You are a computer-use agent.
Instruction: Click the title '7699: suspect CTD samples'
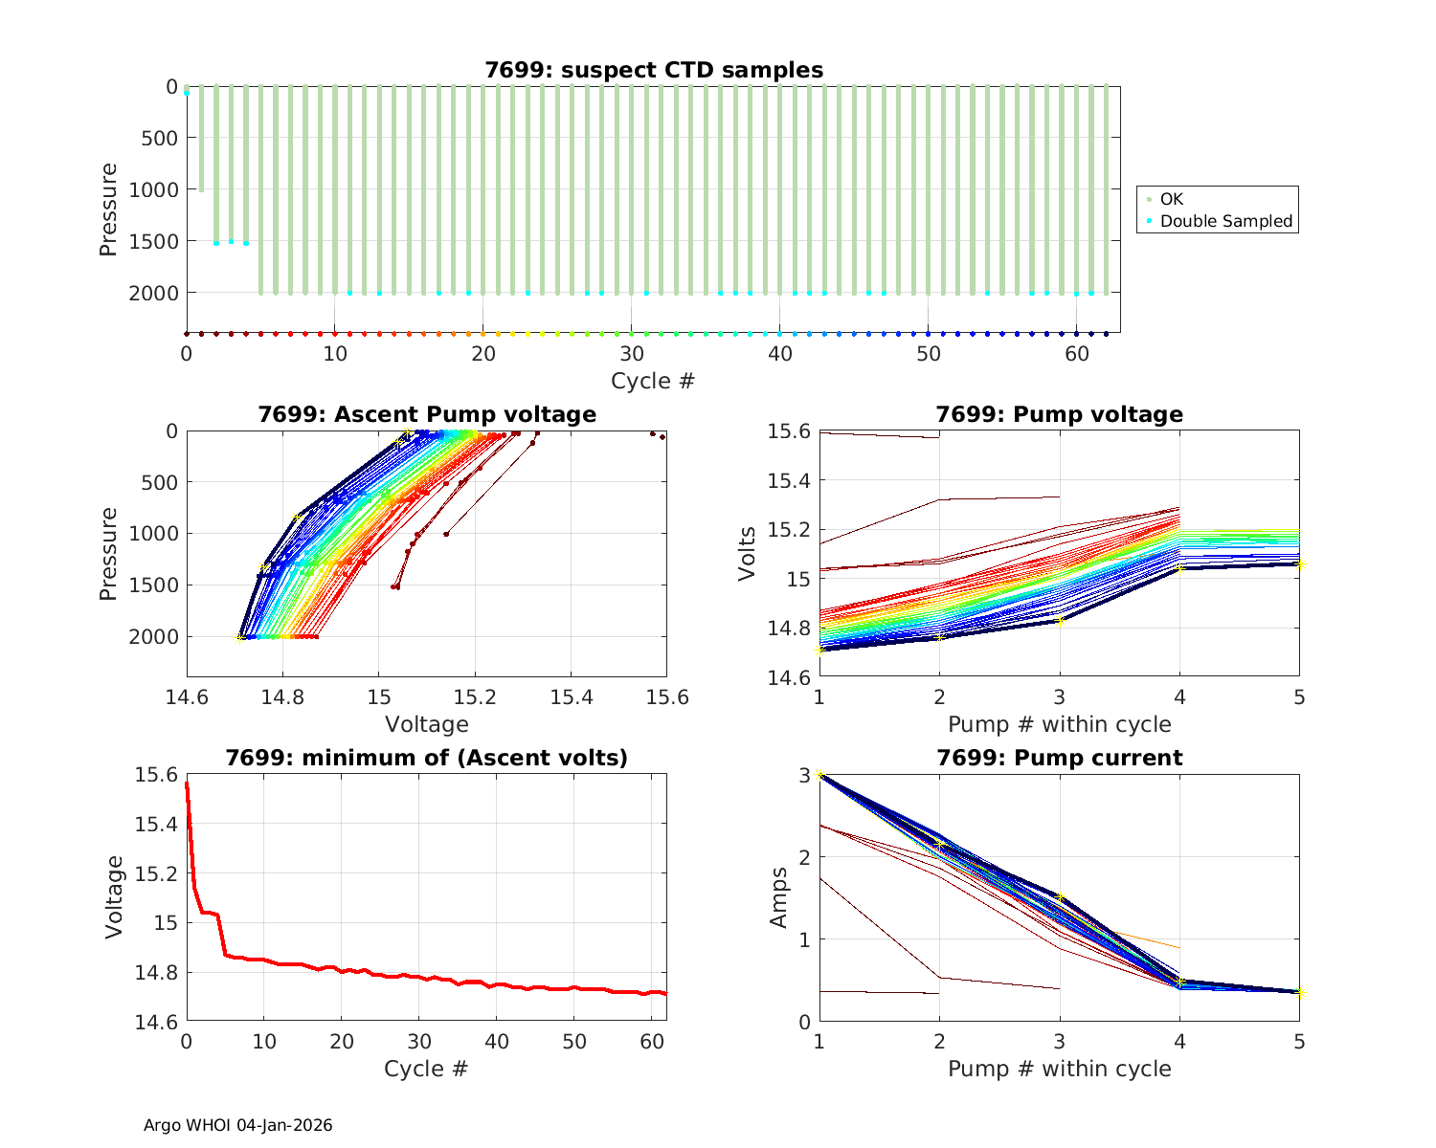coord(653,70)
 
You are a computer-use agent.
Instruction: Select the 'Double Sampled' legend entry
coord(1225,221)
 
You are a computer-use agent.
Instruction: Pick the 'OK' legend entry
coord(1171,199)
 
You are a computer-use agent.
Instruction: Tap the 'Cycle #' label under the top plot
coord(653,381)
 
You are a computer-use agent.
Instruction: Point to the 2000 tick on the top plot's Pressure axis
coord(153,293)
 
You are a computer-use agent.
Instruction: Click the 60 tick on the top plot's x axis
coord(1076,353)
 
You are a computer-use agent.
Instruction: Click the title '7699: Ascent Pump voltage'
coord(426,414)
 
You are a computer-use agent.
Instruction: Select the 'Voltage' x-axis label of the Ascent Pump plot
coord(426,724)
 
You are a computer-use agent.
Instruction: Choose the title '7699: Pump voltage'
coord(1059,414)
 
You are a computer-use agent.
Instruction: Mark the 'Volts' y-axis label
coord(748,554)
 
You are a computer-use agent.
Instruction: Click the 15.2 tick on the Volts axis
coord(789,530)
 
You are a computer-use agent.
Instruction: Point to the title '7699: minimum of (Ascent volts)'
coord(426,758)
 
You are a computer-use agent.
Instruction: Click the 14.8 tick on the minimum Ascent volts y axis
coord(155,973)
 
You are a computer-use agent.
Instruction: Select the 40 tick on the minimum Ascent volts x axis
coord(497,1041)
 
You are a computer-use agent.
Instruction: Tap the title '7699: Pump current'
coord(1059,758)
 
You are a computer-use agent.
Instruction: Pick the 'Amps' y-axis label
coord(779,896)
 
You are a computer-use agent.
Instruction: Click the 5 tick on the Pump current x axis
coord(1299,1041)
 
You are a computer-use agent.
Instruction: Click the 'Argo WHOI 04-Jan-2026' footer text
coord(237,1125)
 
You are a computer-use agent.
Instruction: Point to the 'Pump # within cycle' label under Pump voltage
coord(1059,724)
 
